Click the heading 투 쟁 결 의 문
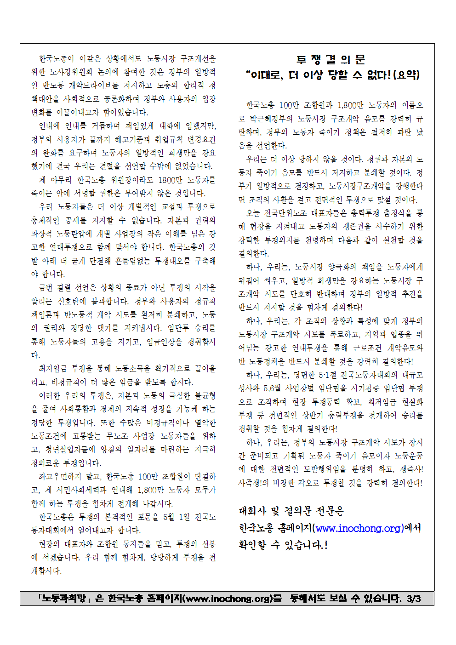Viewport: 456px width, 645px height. (x=331, y=60)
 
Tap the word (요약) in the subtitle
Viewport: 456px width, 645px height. (x=406, y=74)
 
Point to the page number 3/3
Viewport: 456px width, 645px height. (x=413, y=598)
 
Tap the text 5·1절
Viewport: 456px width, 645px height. (x=327, y=375)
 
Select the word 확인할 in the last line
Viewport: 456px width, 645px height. (x=252, y=545)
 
